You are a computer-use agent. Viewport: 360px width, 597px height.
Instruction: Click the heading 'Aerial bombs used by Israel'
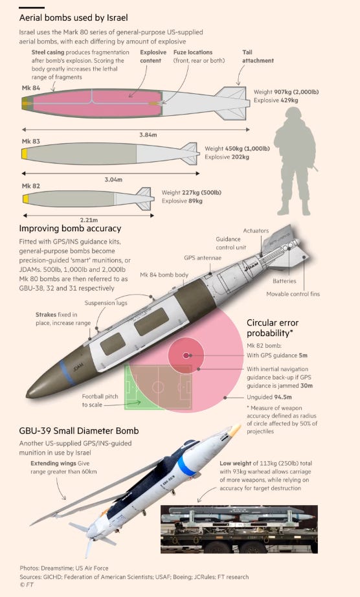(x=73, y=18)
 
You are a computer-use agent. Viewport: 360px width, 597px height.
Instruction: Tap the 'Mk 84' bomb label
(x=31, y=88)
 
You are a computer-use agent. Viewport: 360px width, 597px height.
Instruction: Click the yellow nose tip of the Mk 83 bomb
(x=25, y=154)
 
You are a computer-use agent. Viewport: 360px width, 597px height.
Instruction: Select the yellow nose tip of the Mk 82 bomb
(x=25, y=199)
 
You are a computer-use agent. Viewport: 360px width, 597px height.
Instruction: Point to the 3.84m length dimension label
(x=148, y=135)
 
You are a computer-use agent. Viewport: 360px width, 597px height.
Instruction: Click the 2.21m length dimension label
(x=89, y=220)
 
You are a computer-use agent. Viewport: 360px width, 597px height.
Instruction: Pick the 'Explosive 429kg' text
(x=276, y=100)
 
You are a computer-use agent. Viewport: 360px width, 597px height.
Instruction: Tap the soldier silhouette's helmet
(x=293, y=113)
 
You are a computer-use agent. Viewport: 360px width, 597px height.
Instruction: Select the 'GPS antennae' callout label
(x=203, y=258)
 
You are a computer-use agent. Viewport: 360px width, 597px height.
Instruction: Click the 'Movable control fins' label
(x=293, y=294)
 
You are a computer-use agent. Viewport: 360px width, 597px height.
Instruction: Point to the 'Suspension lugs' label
(x=106, y=303)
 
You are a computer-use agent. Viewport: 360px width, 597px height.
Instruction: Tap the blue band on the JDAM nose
(x=67, y=371)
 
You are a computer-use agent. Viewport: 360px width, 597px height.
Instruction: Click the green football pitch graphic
(x=158, y=387)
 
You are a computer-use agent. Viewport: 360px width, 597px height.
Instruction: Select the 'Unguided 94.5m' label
(x=269, y=397)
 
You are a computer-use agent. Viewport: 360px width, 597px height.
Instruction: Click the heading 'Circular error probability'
(x=273, y=328)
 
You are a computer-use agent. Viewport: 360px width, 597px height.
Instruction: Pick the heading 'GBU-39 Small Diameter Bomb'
(x=79, y=431)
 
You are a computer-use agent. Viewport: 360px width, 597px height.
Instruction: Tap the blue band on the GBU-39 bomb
(x=186, y=466)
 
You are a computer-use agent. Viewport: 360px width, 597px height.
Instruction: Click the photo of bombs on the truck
(x=239, y=529)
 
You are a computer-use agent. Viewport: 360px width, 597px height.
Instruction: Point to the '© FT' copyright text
(x=27, y=585)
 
